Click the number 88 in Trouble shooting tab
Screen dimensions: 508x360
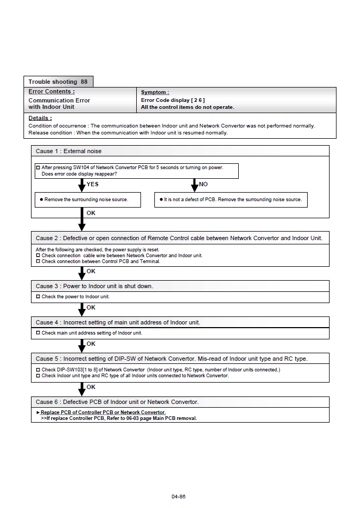[x=84, y=82]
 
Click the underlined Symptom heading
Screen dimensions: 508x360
[x=155, y=92]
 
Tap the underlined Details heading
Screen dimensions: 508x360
[x=40, y=118]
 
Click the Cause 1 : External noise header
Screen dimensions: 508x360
[x=68, y=151]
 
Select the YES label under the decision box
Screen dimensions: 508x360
[x=92, y=184]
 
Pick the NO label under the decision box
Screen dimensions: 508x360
[x=204, y=184]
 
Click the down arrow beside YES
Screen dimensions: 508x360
[x=82, y=185]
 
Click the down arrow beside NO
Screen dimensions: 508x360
[x=194, y=185]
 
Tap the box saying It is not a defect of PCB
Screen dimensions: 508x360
[x=231, y=200]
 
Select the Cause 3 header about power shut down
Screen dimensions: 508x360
[x=94, y=286]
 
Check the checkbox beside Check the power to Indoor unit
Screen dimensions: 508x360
[x=38, y=296]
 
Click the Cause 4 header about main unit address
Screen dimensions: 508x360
[x=118, y=322]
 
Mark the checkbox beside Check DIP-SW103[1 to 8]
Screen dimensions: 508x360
[x=38, y=369]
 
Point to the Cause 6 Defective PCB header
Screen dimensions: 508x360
[x=116, y=402]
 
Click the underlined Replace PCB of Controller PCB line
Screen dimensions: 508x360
[x=103, y=412]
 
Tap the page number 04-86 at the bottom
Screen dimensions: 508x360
[x=178, y=496]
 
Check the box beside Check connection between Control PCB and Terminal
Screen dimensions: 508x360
[x=38, y=261]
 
